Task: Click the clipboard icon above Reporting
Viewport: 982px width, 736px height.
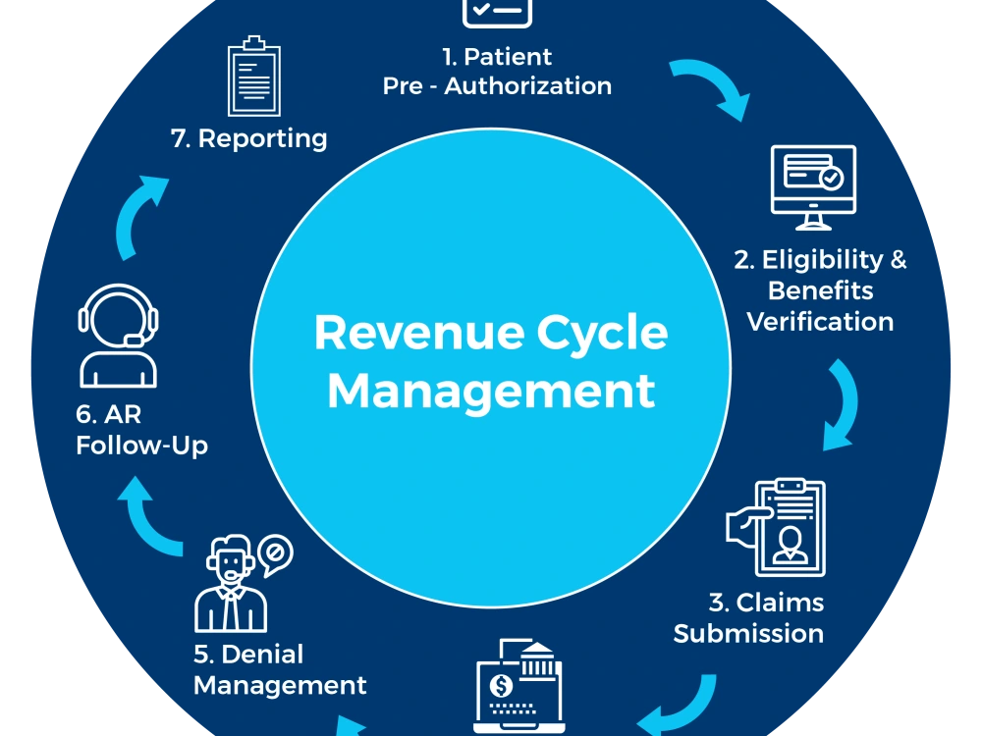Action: pos(254,77)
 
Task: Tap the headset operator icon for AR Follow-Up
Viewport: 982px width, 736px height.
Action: pos(119,336)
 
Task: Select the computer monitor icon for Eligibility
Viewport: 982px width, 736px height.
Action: pos(813,187)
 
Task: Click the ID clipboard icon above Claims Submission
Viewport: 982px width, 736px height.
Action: pos(776,528)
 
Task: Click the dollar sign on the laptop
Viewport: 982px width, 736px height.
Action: pos(501,686)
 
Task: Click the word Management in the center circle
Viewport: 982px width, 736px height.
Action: pos(492,392)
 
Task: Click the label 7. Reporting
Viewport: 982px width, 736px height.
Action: pos(249,139)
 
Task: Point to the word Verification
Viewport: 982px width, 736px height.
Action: pos(820,322)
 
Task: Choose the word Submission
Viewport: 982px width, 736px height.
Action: pos(748,633)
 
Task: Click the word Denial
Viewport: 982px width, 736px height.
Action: pos(262,654)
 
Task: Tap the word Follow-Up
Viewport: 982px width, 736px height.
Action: pos(142,447)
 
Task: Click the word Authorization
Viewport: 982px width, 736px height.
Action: pos(528,85)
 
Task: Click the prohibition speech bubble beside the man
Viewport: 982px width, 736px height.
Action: pos(274,553)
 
